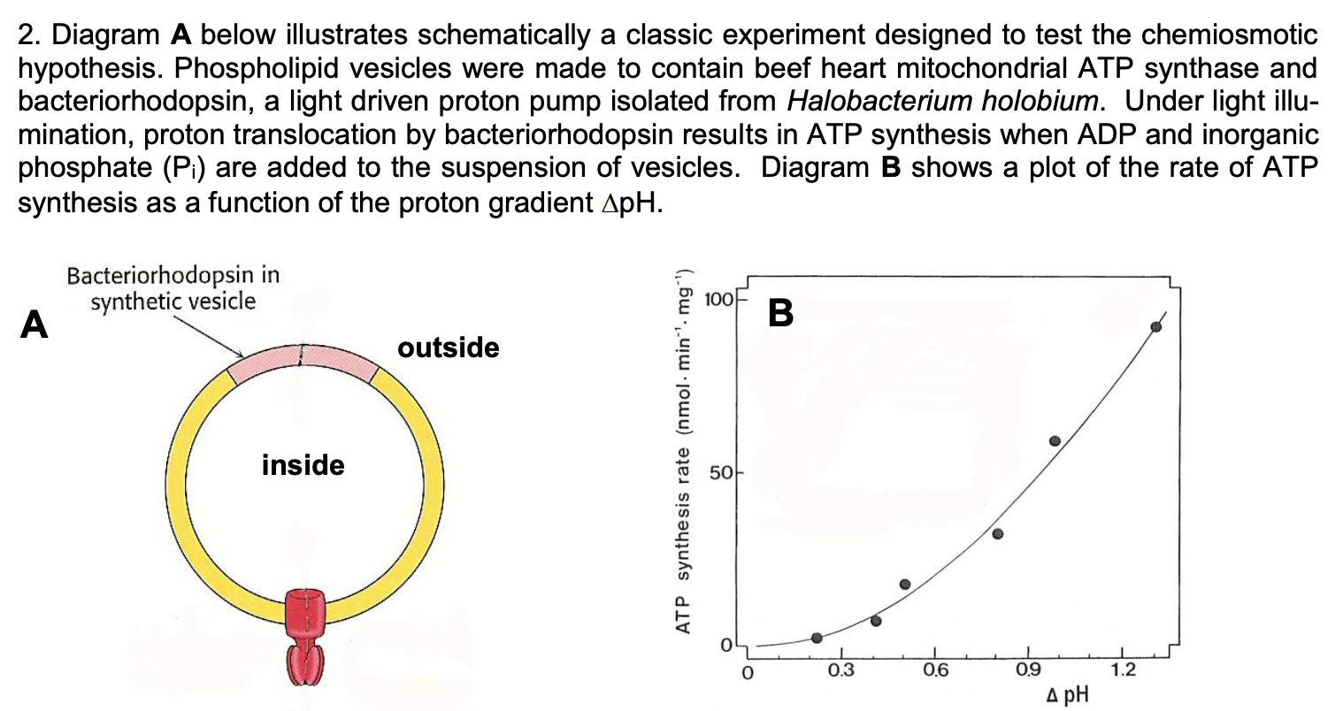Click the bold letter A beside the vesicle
(x=35, y=325)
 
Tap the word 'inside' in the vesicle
(x=303, y=465)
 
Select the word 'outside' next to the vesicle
(x=449, y=348)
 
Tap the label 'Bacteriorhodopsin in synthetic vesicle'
(x=173, y=288)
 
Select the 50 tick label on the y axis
(x=721, y=474)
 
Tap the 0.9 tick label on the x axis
(x=1028, y=669)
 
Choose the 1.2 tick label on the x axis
(x=1123, y=669)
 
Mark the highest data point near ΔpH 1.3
(x=1155, y=327)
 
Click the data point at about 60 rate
(x=1055, y=441)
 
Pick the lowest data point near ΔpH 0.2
(x=817, y=638)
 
